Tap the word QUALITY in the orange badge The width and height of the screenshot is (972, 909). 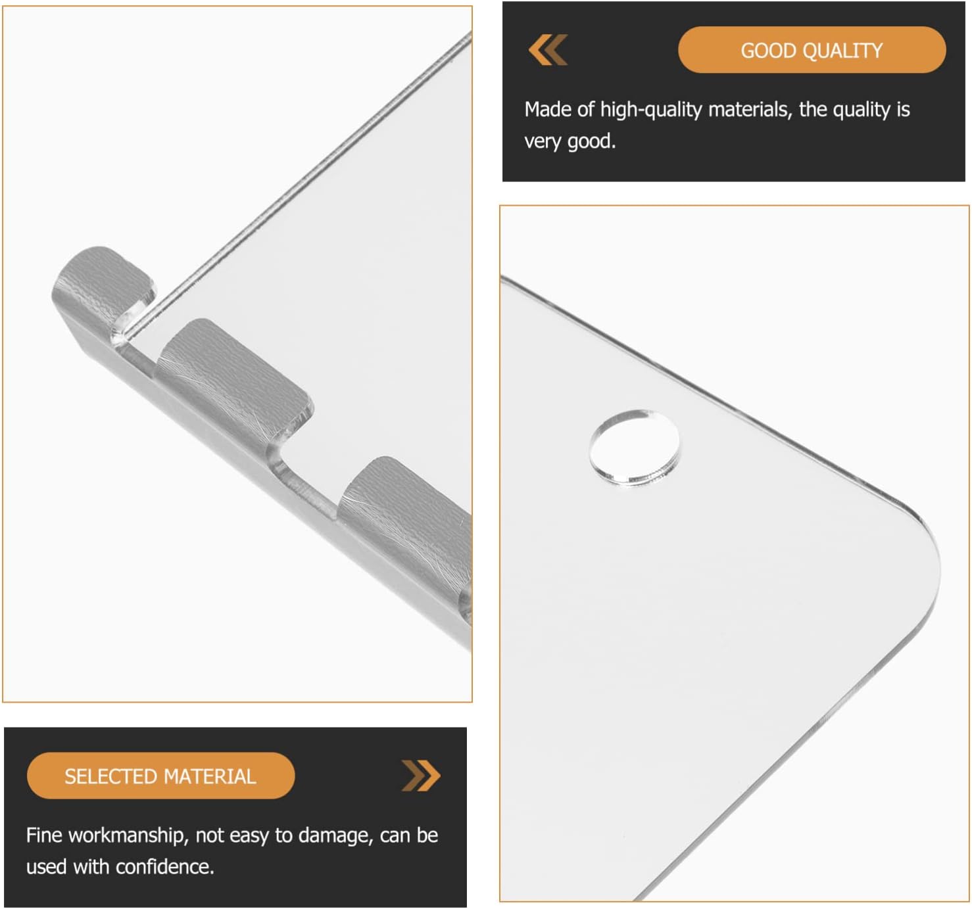[x=843, y=51]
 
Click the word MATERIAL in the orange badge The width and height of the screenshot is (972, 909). [x=210, y=776]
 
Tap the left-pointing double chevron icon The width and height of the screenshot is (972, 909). [x=548, y=49]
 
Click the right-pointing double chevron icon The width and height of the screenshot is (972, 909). [x=421, y=776]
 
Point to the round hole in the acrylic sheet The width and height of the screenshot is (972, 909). [x=634, y=448]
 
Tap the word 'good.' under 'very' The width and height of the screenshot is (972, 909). [x=591, y=142]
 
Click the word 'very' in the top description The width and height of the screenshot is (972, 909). [x=543, y=142]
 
